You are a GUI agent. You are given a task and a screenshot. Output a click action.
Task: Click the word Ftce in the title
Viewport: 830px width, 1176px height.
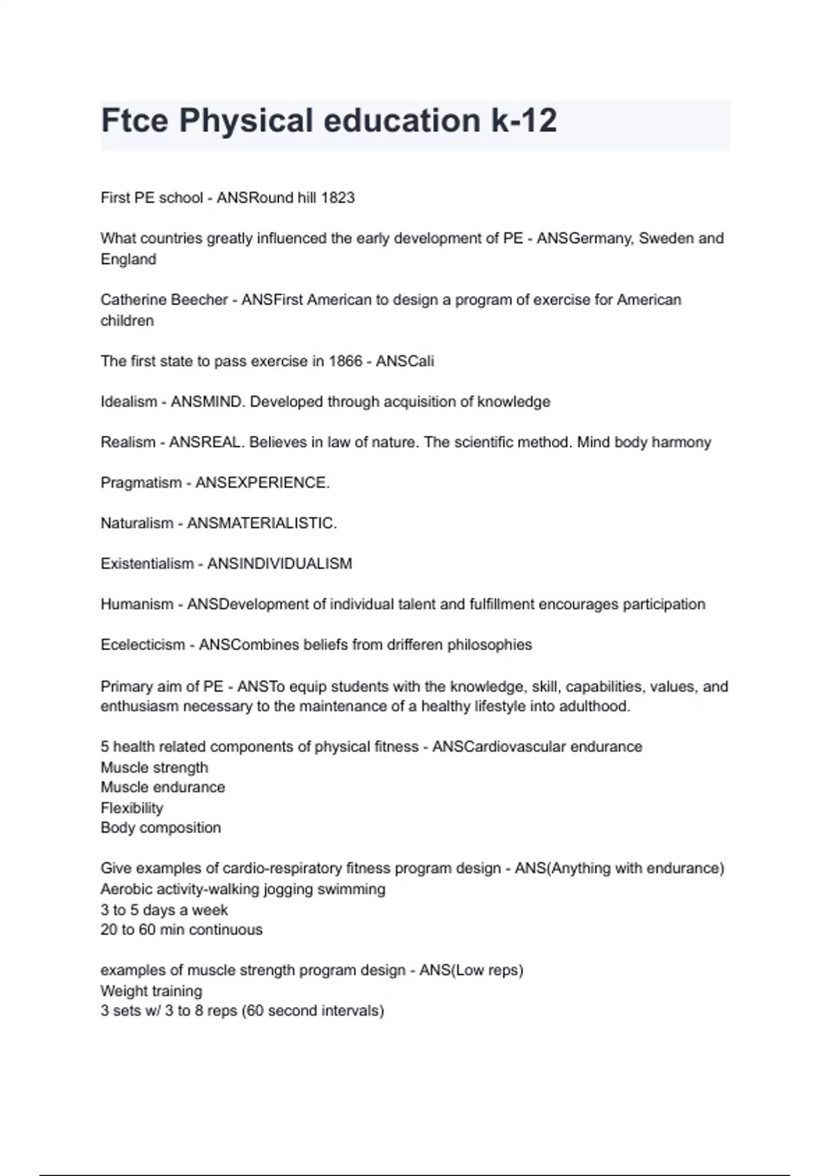[134, 121]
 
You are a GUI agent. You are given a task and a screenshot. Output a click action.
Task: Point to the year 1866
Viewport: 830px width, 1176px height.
[345, 361]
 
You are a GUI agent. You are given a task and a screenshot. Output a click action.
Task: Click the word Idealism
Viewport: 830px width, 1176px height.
[129, 402]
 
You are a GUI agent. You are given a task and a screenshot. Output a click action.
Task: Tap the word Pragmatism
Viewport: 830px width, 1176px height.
[141, 483]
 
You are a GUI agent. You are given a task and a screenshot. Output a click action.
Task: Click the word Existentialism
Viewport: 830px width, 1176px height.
[147, 564]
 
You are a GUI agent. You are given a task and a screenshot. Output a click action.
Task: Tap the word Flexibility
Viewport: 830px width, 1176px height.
[132, 808]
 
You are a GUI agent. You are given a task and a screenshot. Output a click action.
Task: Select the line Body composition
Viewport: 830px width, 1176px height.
[160, 828]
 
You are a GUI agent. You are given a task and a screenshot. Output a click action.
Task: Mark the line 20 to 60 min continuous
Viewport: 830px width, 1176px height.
[181, 930]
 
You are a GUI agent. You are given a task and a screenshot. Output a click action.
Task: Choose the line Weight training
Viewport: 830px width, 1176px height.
[151, 991]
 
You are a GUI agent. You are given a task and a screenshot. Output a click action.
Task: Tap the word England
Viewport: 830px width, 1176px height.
[129, 259]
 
